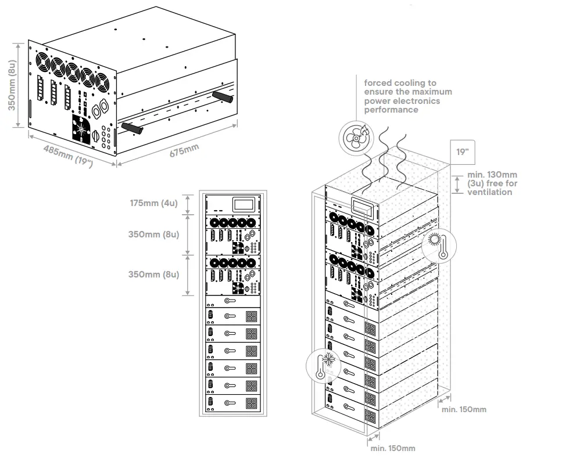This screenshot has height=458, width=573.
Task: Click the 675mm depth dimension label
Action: [x=184, y=150]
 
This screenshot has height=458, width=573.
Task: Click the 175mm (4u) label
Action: [x=154, y=203]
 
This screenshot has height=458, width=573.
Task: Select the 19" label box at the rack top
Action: [x=463, y=152]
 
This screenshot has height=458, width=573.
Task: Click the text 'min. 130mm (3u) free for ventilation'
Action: [x=492, y=183]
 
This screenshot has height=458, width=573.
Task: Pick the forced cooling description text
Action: [x=408, y=96]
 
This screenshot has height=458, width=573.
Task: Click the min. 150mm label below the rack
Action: [x=392, y=448]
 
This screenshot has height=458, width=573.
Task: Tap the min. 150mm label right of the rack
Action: [x=464, y=409]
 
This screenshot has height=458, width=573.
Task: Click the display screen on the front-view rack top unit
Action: [x=242, y=204]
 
